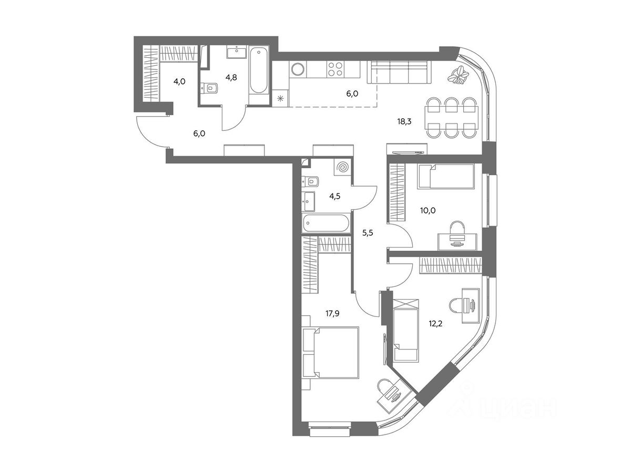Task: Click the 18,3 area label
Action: click(404, 121)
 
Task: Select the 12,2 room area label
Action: click(435, 324)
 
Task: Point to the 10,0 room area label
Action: click(428, 211)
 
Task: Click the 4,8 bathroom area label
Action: click(231, 77)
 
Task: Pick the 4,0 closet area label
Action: click(179, 81)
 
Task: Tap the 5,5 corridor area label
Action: click(368, 233)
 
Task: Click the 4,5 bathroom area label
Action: click(335, 197)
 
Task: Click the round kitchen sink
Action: click(298, 69)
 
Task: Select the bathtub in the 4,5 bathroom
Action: click(326, 222)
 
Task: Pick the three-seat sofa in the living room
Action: click(399, 72)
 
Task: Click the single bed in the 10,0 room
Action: click(445, 176)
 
